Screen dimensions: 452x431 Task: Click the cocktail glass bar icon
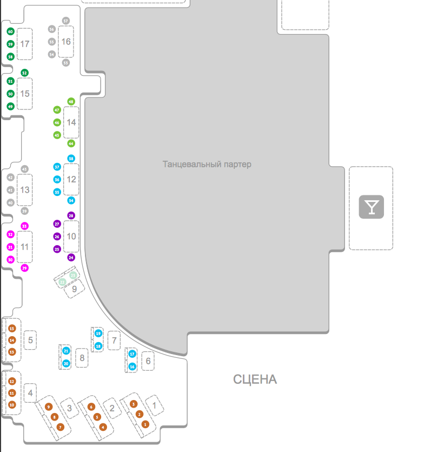click(372, 207)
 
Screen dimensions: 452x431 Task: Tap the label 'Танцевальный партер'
click(207, 164)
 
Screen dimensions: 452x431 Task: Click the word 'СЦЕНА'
click(255, 379)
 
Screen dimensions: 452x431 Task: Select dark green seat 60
click(10, 31)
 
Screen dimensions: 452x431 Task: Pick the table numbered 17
click(24, 44)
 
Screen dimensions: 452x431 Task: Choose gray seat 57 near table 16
click(66, 21)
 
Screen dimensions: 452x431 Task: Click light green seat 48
click(71, 102)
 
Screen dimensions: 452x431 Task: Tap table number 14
click(71, 122)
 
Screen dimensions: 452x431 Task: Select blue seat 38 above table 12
click(71, 159)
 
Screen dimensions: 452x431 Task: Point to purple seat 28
click(71, 215)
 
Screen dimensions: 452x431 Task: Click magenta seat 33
click(24, 226)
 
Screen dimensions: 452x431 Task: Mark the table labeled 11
click(24, 247)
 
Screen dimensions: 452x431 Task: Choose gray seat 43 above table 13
click(24, 169)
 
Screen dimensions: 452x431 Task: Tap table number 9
click(75, 289)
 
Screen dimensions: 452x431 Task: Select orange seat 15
click(12, 328)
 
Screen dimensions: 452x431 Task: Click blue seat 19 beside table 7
click(98, 333)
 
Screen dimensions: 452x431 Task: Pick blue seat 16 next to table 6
click(132, 366)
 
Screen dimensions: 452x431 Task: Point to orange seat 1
click(145, 424)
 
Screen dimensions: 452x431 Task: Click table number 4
click(30, 393)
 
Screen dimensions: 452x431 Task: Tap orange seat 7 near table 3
click(60, 427)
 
